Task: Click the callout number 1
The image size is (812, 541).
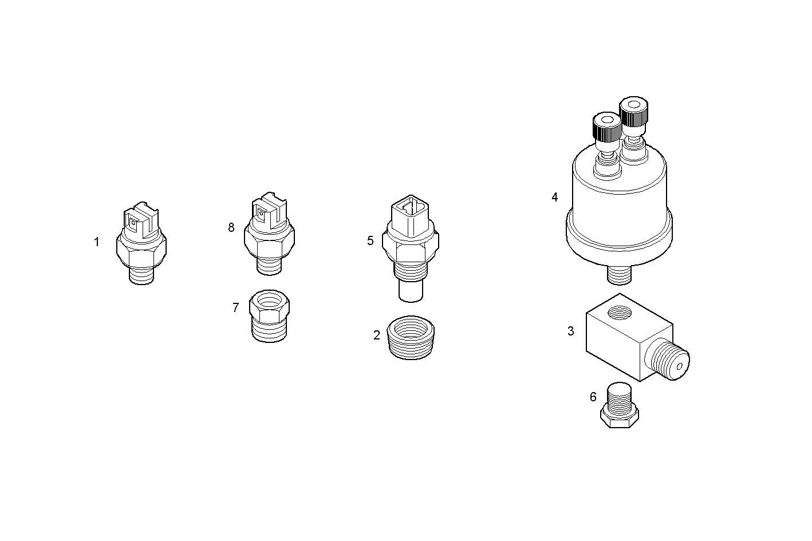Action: click(97, 242)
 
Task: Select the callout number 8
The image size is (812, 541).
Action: click(231, 227)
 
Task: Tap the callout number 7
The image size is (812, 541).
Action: click(235, 307)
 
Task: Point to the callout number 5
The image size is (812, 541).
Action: click(370, 240)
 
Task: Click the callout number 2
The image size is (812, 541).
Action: click(377, 335)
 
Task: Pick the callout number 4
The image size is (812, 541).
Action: click(554, 197)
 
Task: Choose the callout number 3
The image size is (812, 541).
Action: click(570, 331)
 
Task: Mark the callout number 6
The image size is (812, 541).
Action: click(593, 397)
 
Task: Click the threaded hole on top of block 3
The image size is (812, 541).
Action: click(620, 313)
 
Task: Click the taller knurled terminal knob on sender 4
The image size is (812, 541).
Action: click(633, 112)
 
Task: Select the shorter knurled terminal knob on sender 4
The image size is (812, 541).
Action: click(605, 128)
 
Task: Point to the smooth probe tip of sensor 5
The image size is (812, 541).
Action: click(411, 291)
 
